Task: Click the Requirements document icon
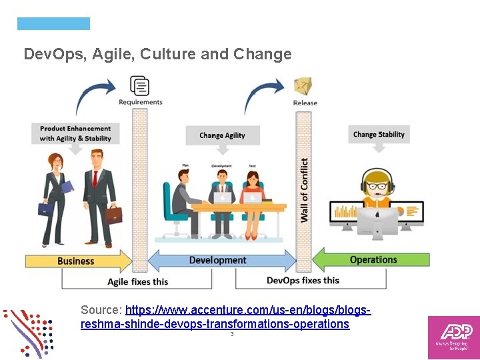click(x=140, y=85)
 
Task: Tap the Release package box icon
click(x=303, y=86)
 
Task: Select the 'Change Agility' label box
click(x=222, y=135)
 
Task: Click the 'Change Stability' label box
click(x=379, y=134)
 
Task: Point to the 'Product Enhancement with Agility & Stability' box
click(x=75, y=133)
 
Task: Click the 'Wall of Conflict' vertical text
click(x=304, y=190)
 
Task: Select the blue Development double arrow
click(x=218, y=260)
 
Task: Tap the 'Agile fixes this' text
click(x=138, y=281)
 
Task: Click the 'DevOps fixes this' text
click(x=303, y=280)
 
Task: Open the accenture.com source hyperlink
click(x=225, y=317)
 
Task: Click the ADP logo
click(x=453, y=337)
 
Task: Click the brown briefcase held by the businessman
click(x=113, y=215)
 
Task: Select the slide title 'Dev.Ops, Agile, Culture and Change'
click(x=157, y=54)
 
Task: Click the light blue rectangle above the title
click(x=53, y=24)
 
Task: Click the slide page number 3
click(x=231, y=334)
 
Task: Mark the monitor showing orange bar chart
click(x=346, y=212)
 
